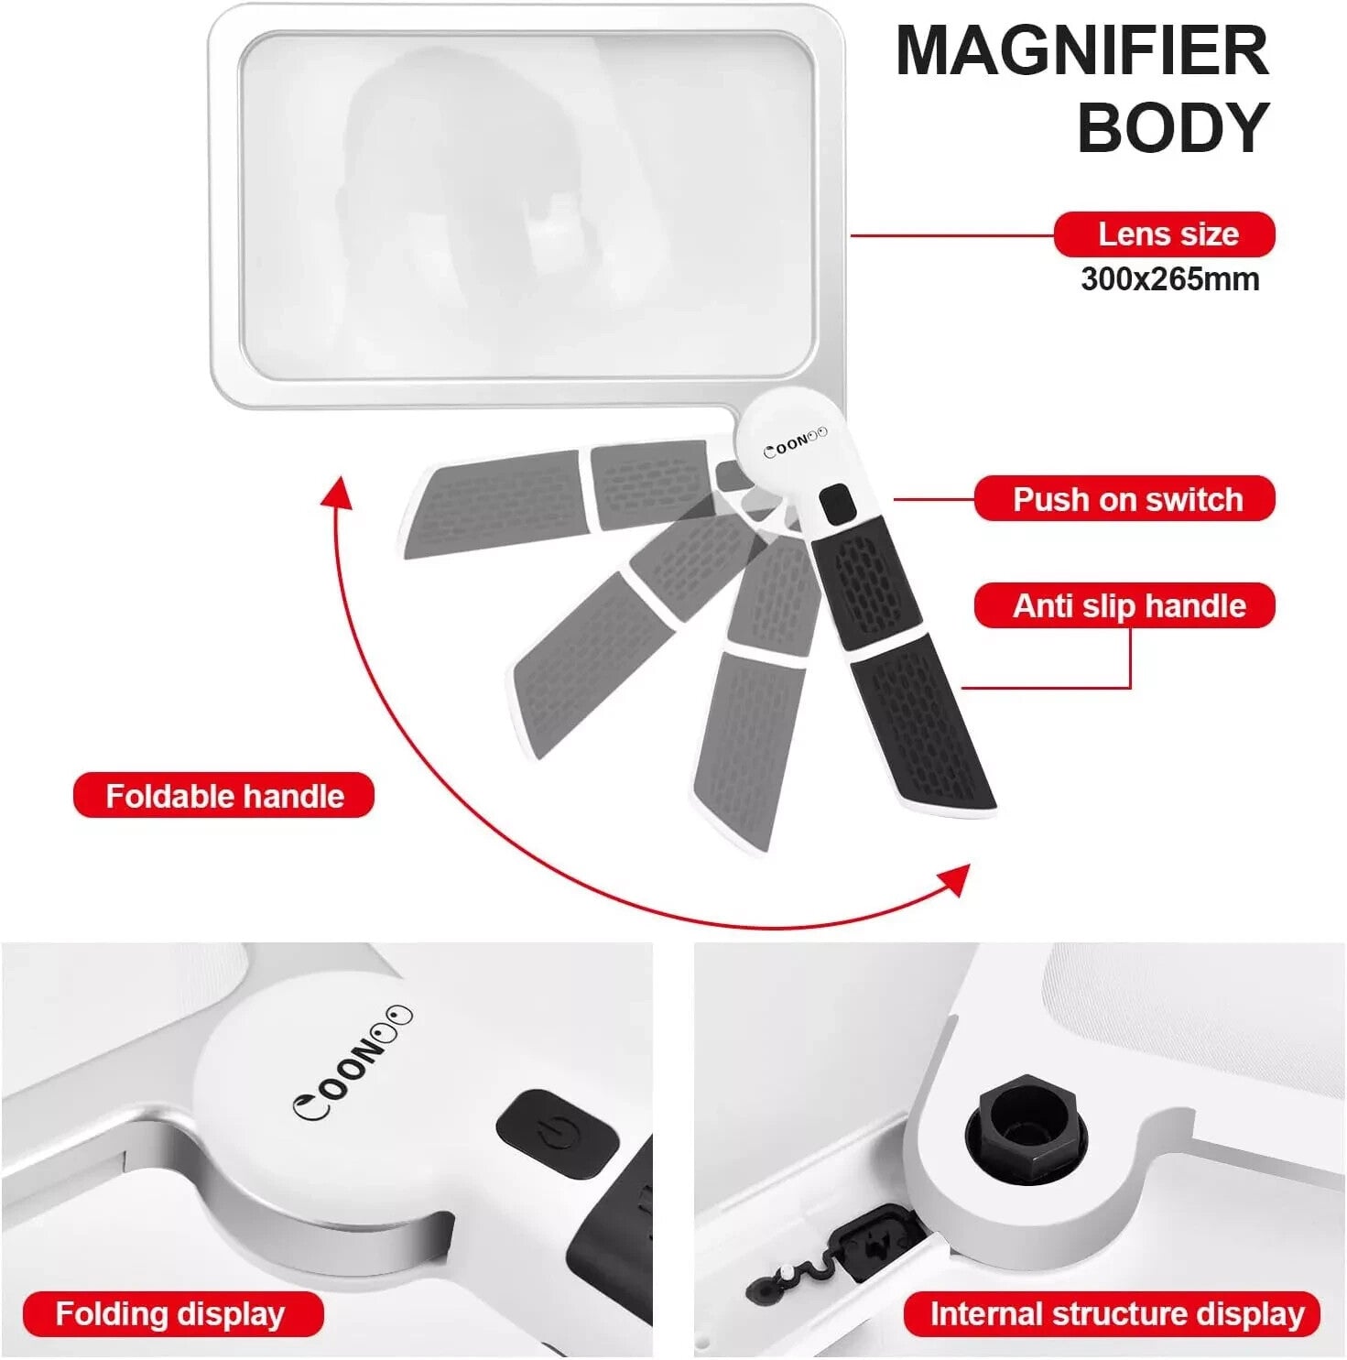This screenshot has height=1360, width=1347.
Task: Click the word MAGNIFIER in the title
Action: point(1081,51)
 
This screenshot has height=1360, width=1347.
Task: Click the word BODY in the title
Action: point(1173,127)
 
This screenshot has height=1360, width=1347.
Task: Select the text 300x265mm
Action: point(1169,279)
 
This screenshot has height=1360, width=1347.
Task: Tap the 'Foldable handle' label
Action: point(224,796)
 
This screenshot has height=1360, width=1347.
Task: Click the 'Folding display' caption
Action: point(172,1314)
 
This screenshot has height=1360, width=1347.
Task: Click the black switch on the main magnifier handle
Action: point(835,505)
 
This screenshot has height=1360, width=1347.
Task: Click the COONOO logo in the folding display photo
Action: point(353,1064)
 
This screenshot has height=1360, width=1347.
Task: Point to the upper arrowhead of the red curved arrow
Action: point(337,492)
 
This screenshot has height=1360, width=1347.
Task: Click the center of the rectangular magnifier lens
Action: point(527,204)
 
